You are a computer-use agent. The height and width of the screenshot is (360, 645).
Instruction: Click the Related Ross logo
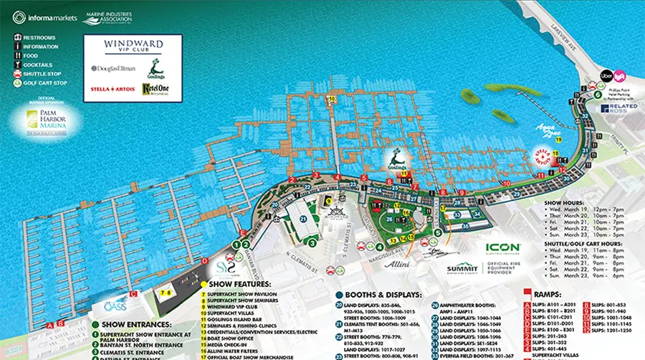614,109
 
